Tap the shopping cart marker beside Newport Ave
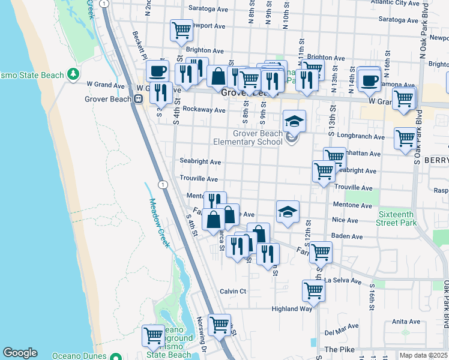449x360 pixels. [181, 30]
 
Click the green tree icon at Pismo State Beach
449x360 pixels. [73, 74]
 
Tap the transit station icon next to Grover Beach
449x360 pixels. [138, 100]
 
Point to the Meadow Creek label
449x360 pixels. [160, 223]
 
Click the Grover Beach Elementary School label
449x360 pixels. [249, 138]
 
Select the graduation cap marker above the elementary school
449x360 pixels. [294, 122]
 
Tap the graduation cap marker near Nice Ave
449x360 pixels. [288, 212]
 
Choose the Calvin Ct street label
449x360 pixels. [233, 291]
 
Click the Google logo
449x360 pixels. [20, 353]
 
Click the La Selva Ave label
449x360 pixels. [343, 280]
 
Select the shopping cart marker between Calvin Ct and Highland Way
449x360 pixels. [313, 291]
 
